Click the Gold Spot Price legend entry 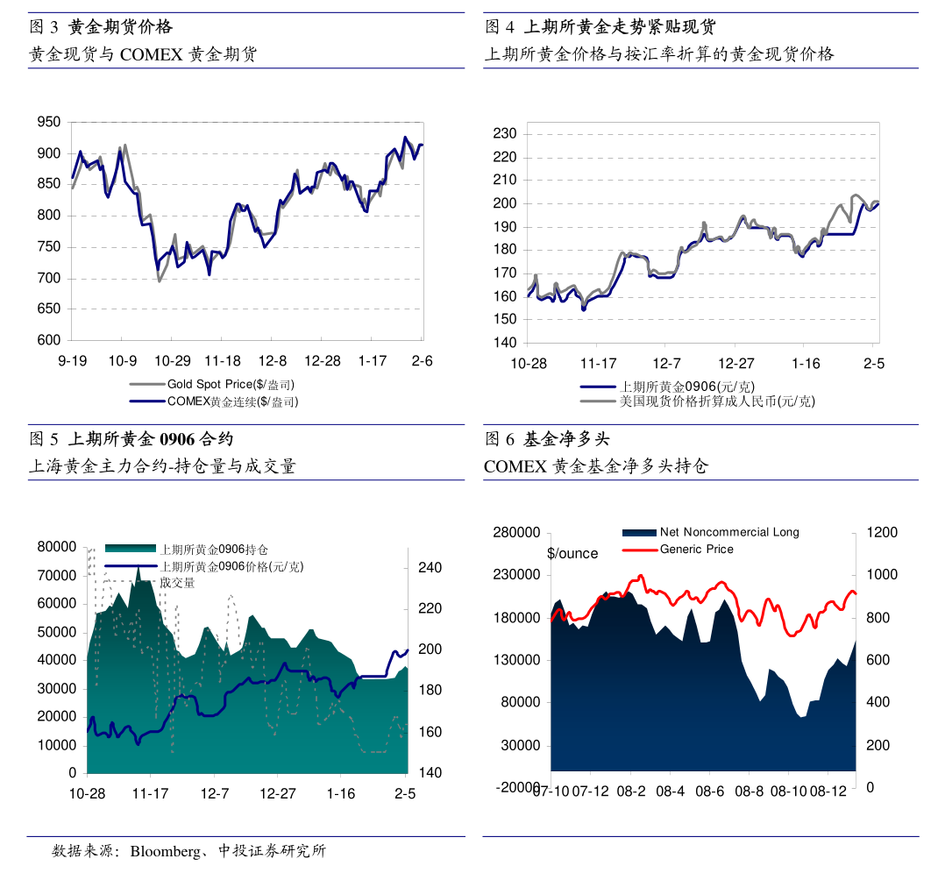click(230, 385)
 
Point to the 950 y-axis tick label click(49, 123)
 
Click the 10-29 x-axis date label click(173, 361)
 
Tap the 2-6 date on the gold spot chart click(422, 361)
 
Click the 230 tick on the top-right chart click(506, 134)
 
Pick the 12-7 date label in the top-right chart click(666, 364)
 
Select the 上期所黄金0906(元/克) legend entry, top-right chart click(687, 387)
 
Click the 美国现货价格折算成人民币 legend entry click(717, 401)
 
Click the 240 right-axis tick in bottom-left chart click(429, 568)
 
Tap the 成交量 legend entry click(177, 582)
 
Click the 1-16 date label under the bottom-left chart click(341, 793)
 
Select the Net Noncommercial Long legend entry click(729, 532)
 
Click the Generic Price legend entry click(696, 550)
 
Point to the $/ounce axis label click(572, 554)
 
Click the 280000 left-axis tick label click(518, 533)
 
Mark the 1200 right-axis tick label click(882, 533)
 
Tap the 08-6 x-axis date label click(709, 791)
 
